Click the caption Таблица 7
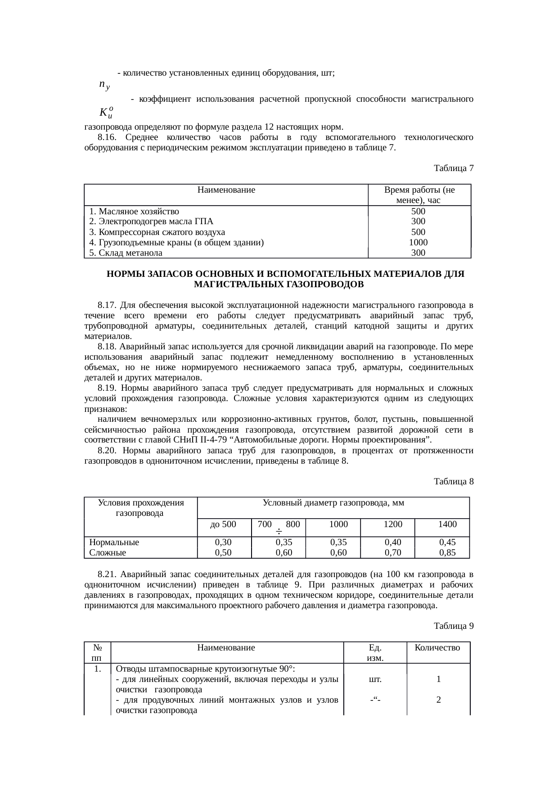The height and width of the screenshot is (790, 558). [x=453, y=168]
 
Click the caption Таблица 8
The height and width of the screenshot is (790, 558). [x=453, y=481]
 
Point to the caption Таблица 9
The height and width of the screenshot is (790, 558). [x=453, y=626]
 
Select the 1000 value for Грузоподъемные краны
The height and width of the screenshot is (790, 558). [x=418, y=243]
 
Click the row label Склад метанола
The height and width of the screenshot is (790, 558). [x=126, y=253]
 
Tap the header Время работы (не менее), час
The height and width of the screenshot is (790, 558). [x=418, y=195]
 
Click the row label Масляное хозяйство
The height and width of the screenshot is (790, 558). [x=134, y=211]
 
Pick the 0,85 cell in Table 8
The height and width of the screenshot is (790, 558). [x=447, y=553]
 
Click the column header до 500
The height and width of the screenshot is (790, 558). [x=224, y=524]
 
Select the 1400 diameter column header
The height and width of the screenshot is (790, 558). [x=447, y=524]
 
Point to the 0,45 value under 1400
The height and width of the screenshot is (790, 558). [x=447, y=542]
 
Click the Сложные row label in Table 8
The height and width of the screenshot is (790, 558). [x=108, y=553]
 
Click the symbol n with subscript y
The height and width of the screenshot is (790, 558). [x=104, y=85]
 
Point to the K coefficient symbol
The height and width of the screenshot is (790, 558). [x=106, y=112]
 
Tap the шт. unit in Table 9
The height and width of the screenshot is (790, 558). [x=375, y=679]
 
